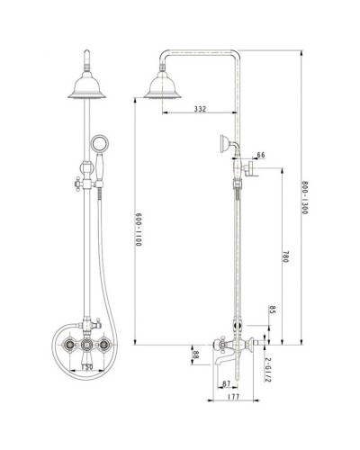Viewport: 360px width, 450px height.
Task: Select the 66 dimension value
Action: point(261,155)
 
